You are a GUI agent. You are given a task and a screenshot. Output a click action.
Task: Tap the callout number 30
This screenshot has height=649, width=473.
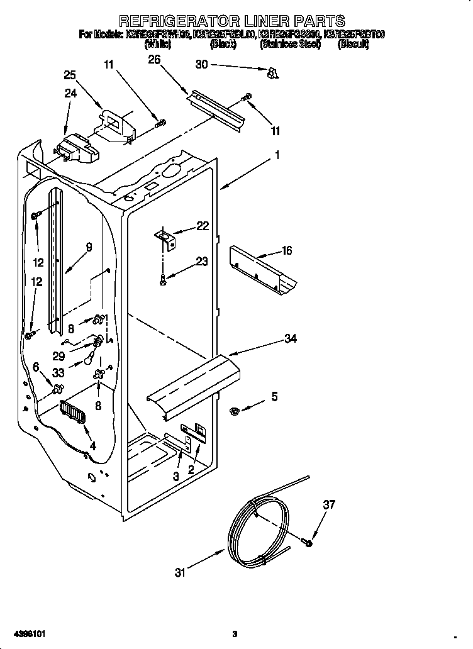click(x=201, y=63)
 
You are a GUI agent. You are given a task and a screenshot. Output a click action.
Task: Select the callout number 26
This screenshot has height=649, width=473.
click(x=154, y=59)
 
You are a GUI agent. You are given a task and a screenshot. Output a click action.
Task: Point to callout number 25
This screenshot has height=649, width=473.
click(x=70, y=75)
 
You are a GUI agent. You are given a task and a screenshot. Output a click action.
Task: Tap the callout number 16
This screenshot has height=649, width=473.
click(x=287, y=251)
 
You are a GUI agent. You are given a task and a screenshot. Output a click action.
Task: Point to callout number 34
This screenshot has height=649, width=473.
click(x=290, y=339)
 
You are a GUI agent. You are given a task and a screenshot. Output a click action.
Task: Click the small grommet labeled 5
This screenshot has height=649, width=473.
click(x=235, y=411)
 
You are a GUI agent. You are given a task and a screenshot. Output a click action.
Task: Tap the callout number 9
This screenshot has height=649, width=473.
click(x=89, y=247)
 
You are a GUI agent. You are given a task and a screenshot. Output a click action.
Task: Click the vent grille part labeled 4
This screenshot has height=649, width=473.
click(x=73, y=414)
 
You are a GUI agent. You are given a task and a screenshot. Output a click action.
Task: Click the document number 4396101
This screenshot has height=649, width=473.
click(x=30, y=633)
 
